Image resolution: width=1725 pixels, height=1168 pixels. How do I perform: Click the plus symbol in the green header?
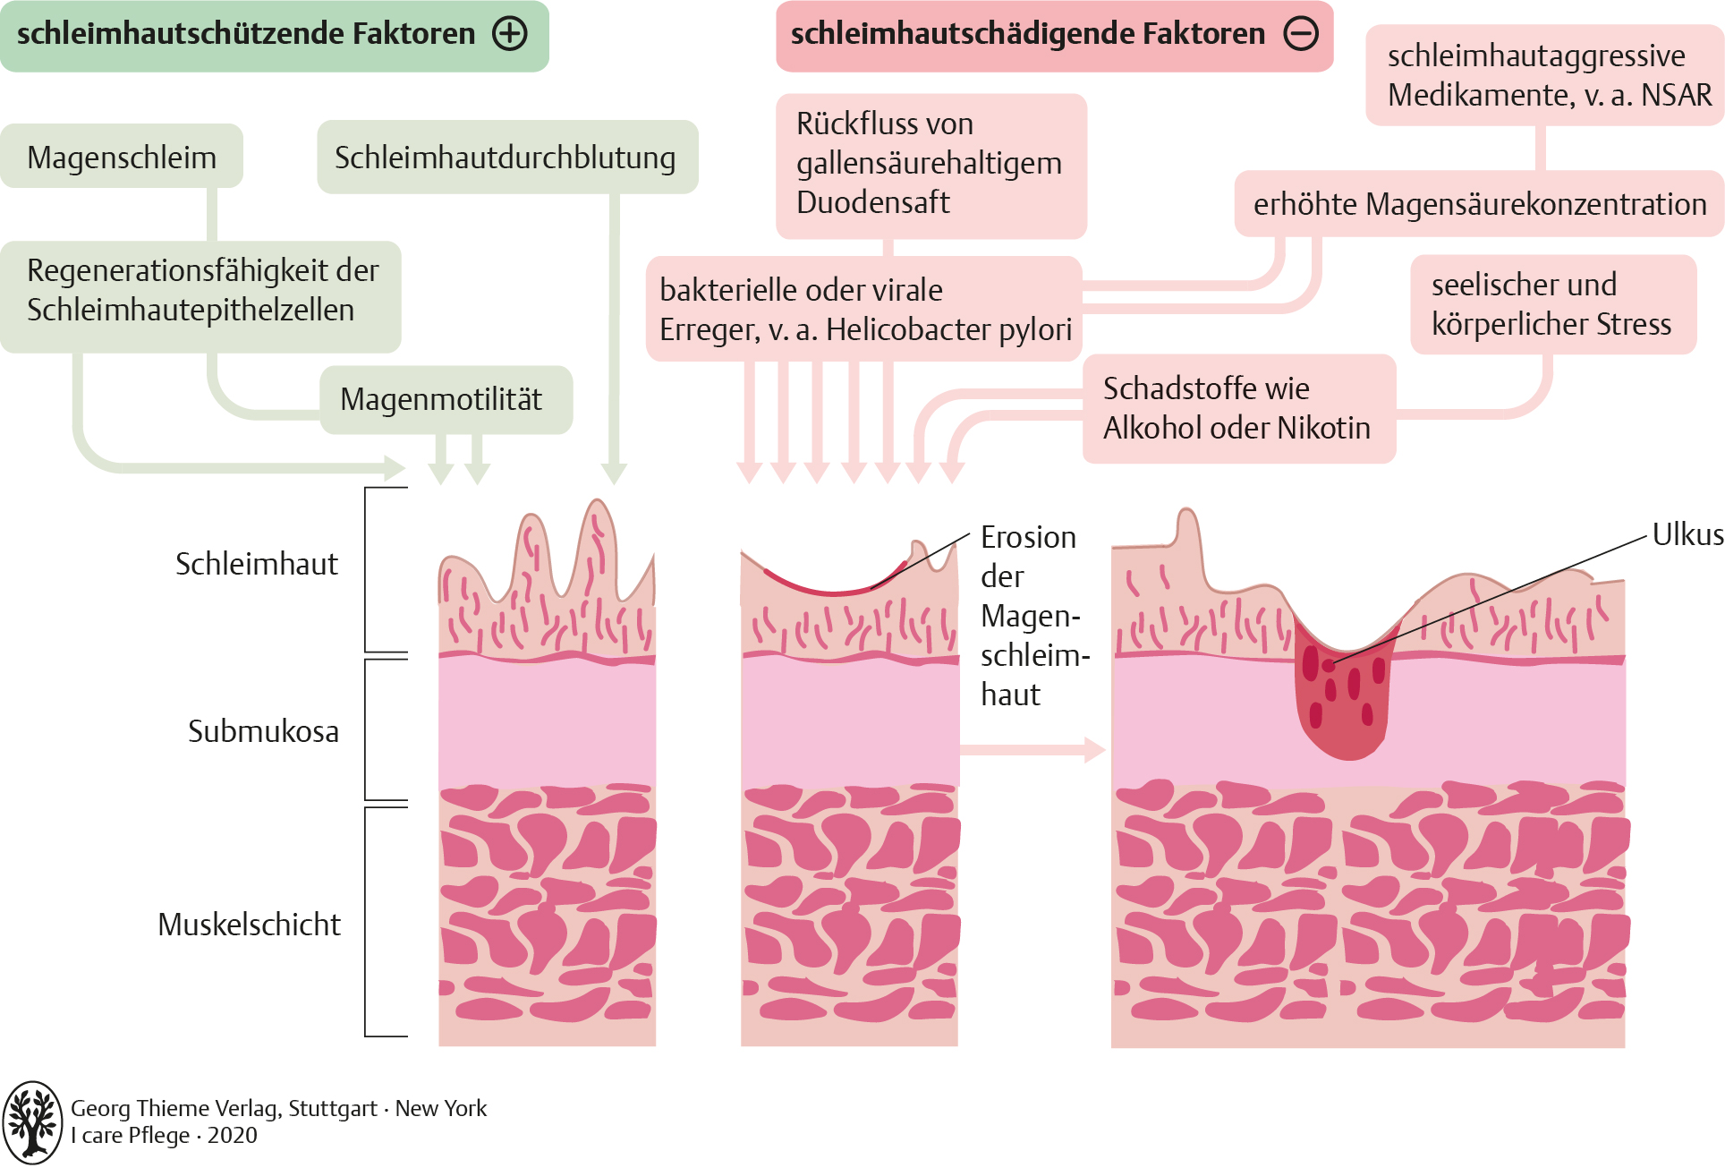(510, 34)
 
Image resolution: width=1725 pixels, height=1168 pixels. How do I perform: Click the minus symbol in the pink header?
(1301, 34)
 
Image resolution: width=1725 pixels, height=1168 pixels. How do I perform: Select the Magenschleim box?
(122, 157)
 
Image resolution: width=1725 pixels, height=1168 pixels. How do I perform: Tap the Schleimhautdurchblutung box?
(506, 157)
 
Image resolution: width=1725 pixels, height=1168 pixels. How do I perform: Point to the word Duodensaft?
(872, 202)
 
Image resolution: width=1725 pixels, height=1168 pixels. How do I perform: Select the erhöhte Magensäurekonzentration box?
(1479, 204)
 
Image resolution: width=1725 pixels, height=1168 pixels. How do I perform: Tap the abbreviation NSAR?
(1676, 95)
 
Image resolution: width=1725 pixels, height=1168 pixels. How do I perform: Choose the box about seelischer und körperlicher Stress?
(1552, 304)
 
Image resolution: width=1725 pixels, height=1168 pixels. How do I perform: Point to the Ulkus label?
(1687, 534)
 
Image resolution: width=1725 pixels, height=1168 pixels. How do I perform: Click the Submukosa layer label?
(263, 731)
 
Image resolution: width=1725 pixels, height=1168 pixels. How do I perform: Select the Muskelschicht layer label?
(249, 924)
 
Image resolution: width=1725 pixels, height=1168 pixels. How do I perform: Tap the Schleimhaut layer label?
(256, 564)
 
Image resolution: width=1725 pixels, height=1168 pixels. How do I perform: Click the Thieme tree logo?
(32, 1121)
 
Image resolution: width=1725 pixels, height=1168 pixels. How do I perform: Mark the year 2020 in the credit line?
(232, 1136)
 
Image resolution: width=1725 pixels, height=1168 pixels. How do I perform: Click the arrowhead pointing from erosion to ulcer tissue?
(1094, 749)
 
